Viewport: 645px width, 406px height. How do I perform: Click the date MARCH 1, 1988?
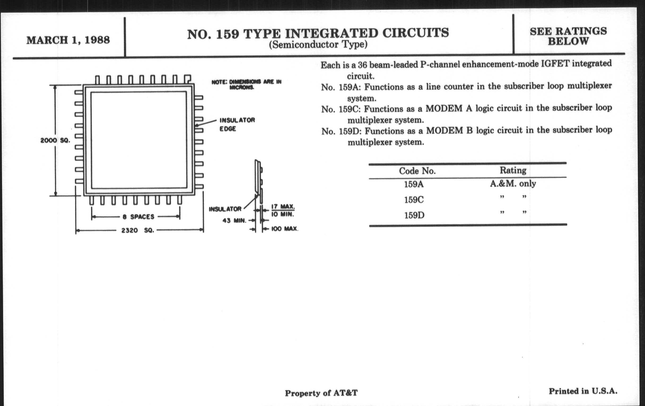pos(68,40)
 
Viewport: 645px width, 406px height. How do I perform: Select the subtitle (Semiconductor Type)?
pos(318,45)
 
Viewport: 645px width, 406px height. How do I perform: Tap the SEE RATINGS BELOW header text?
pos(568,36)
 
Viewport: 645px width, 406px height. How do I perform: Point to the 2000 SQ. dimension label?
pos(55,140)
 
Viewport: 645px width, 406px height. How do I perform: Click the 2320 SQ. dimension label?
pos(138,230)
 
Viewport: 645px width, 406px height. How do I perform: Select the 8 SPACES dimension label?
pos(138,217)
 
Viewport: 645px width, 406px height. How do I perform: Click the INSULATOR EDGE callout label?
pos(237,124)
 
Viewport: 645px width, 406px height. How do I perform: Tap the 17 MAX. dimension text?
pos(283,207)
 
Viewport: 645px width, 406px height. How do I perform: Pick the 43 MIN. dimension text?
pos(234,221)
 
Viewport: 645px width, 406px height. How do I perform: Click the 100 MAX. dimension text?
pos(285,229)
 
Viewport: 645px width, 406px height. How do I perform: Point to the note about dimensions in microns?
pos(246,84)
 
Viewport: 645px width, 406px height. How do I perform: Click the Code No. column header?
pos(417,171)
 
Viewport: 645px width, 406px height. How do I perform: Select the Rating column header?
pos(513,170)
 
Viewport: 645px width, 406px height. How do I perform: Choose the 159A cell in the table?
pos(414,184)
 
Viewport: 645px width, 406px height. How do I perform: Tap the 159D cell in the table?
pos(414,215)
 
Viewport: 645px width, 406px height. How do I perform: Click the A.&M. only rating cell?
pos(513,184)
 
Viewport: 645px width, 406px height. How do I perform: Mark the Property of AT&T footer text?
pos(321,393)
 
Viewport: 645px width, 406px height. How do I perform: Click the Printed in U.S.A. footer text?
pos(583,391)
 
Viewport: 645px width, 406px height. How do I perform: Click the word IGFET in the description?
pos(555,64)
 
